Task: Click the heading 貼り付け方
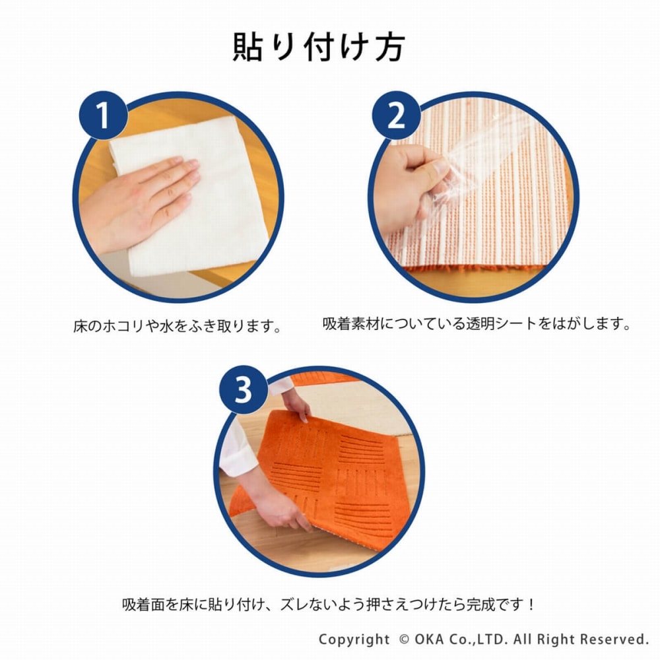click(x=319, y=47)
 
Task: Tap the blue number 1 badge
click(x=104, y=115)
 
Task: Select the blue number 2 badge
click(x=396, y=115)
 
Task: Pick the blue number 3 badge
click(x=244, y=390)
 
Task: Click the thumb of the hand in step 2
click(x=425, y=168)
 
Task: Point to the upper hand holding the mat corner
click(x=297, y=405)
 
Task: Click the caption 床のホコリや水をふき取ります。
click(x=178, y=326)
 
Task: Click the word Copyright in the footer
click(x=354, y=640)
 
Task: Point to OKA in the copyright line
click(x=429, y=640)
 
